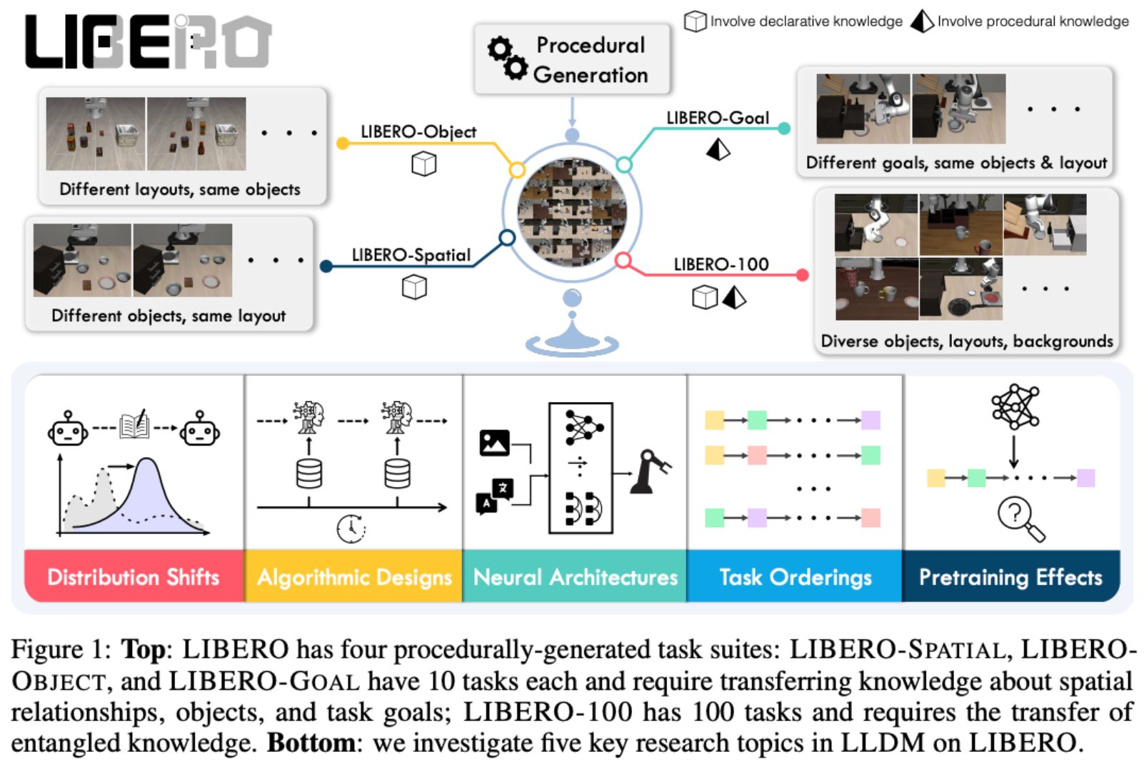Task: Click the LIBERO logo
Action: click(x=148, y=42)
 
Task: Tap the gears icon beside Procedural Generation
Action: click(x=508, y=58)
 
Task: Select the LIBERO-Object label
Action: click(x=418, y=131)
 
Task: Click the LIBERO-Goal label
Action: click(x=717, y=118)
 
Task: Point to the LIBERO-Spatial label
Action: click(x=411, y=255)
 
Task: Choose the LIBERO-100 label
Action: click(x=721, y=264)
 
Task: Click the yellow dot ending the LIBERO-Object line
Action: click(x=343, y=144)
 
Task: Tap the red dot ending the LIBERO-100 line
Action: click(x=802, y=275)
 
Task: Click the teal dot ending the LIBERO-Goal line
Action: click(x=784, y=129)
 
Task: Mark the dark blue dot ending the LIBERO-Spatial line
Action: click(x=326, y=266)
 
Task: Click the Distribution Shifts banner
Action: click(x=134, y=576)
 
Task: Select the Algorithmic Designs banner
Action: click(x=354, y=576)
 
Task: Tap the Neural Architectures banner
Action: click(x=575, y=576)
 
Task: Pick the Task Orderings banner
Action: click(x=795, y=576)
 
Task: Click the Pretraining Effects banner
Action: click(x=1010, y=576)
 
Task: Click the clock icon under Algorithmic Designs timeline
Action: click(x=351, y=528)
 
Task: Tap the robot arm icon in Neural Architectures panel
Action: click(x=650, y=471)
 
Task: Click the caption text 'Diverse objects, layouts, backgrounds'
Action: click(x=966, y=341)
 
